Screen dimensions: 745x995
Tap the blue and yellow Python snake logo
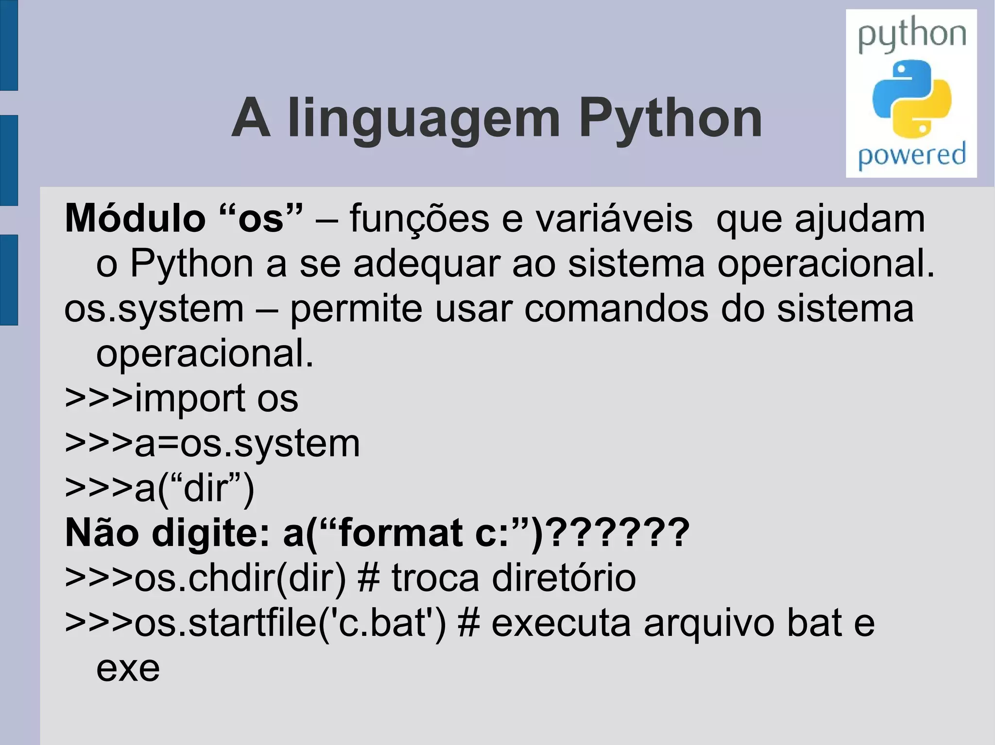pyautogui.click(x=911, y=99)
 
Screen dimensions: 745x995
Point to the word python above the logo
pyautogui.click(x=911, y=35)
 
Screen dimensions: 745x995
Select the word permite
pyautogui.click(x=356, y=309)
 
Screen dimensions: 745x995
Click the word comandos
pyautogui.click(x=616, y=309)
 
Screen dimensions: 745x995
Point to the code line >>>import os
pyautogui.click(x=181, y=398)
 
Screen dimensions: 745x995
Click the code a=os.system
pyautogui.click(x=247, y=444)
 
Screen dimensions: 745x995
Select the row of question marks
pyautogui.click(x=621, y=533)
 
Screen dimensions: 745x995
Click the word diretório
pyautogui.click(x=564, y=578)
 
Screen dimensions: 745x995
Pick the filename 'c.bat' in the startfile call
pyautogui.click(x=383, y=623)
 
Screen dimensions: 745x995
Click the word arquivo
pyautogui.click(x=709, y=623)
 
